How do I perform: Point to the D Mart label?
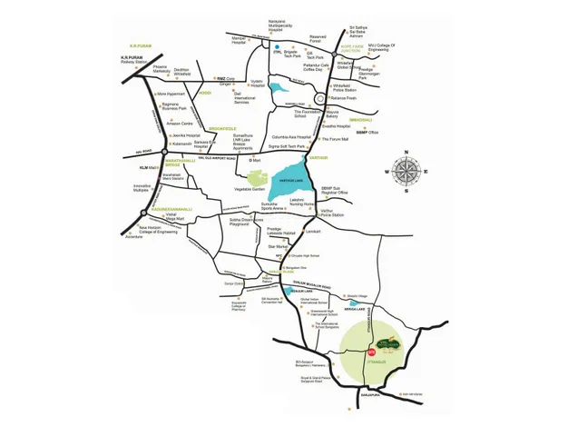pos(257,162)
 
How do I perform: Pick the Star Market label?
pos(276,245)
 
